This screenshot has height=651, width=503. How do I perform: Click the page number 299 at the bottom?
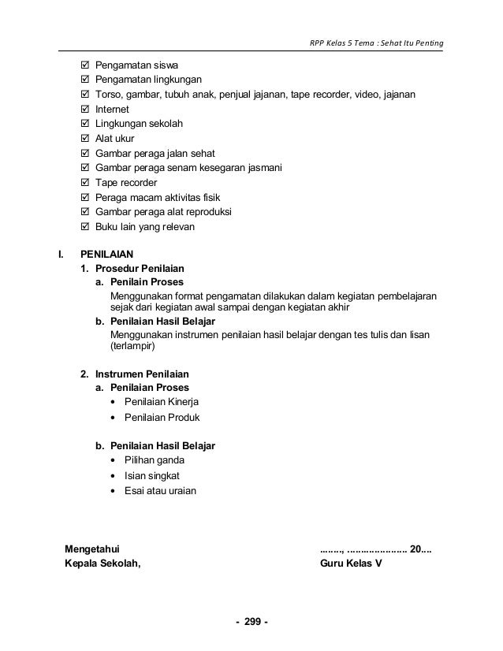click(251, 623)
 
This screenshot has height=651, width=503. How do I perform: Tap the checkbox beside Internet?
click(85, 110)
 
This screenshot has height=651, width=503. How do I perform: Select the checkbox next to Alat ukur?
click(85, 139)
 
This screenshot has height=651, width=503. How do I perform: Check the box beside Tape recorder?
click(85, 183)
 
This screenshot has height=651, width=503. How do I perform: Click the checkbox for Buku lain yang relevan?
click(85, 227)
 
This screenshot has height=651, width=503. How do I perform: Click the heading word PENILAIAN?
click(107, 255)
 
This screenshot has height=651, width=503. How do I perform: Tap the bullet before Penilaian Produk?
click(116, 418)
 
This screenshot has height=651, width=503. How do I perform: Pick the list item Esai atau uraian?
click(161, 490)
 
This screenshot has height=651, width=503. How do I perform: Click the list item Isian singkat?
click(153, 476)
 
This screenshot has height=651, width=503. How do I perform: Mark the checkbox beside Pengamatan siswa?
click(85, 65)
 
